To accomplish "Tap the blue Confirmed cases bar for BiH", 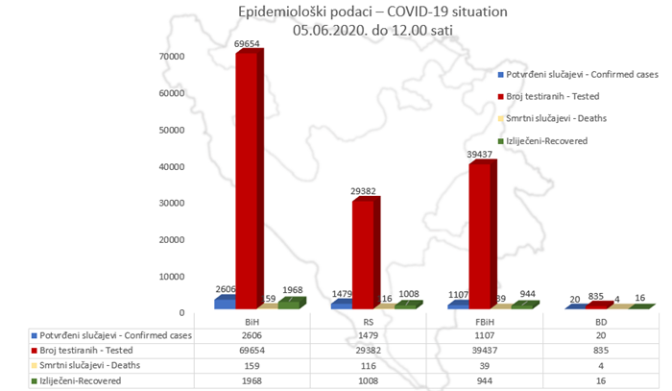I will tap(224, 302).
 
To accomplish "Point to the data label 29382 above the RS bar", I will tap(366, 190).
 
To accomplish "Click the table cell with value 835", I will tap(601, 351).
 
